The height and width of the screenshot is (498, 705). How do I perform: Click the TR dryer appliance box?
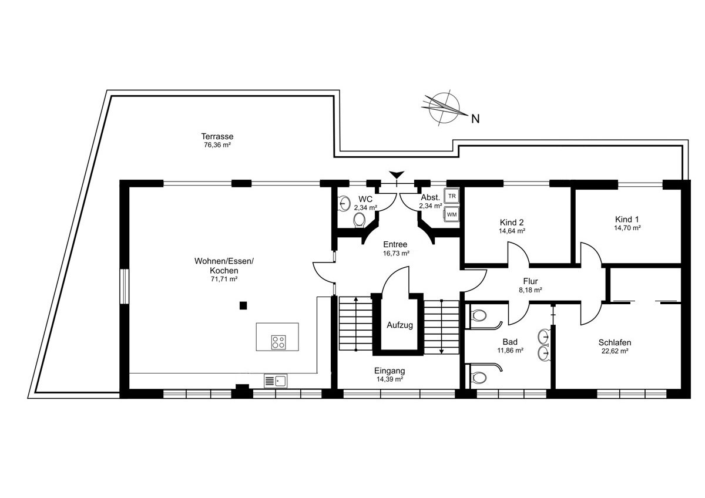tap(452, 196)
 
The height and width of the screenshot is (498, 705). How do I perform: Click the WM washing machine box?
tap(452, 214)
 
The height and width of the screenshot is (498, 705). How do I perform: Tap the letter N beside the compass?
tap(475, 119)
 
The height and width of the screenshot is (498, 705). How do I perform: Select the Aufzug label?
tap(399, 325)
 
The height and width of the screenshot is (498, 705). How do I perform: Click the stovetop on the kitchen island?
tap(278, 342)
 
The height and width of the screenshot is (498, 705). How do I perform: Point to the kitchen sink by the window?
tap(276, 381)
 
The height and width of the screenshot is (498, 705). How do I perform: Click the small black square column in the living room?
tap(243, 305)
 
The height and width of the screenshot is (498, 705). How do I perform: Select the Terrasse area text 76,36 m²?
tap(217, 145)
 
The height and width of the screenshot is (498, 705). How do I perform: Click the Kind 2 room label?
tap(512, 223)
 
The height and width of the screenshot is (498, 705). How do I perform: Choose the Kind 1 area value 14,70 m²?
tap(627, 228)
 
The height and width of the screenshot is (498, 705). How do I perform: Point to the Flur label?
tap(531, 281)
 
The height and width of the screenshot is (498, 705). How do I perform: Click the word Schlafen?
tap(615, 342)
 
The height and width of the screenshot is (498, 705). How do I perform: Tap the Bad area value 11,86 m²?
tap(510, 350)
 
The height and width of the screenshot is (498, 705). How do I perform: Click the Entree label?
tap(395, 244)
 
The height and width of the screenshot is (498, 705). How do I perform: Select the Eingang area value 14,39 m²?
tap(390, 379)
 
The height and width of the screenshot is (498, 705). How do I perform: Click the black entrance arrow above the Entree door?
tap(397, 174)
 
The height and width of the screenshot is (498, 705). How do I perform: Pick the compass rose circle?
tap(444, 107)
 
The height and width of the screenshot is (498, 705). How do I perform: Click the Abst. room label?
tap(430, 197)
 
